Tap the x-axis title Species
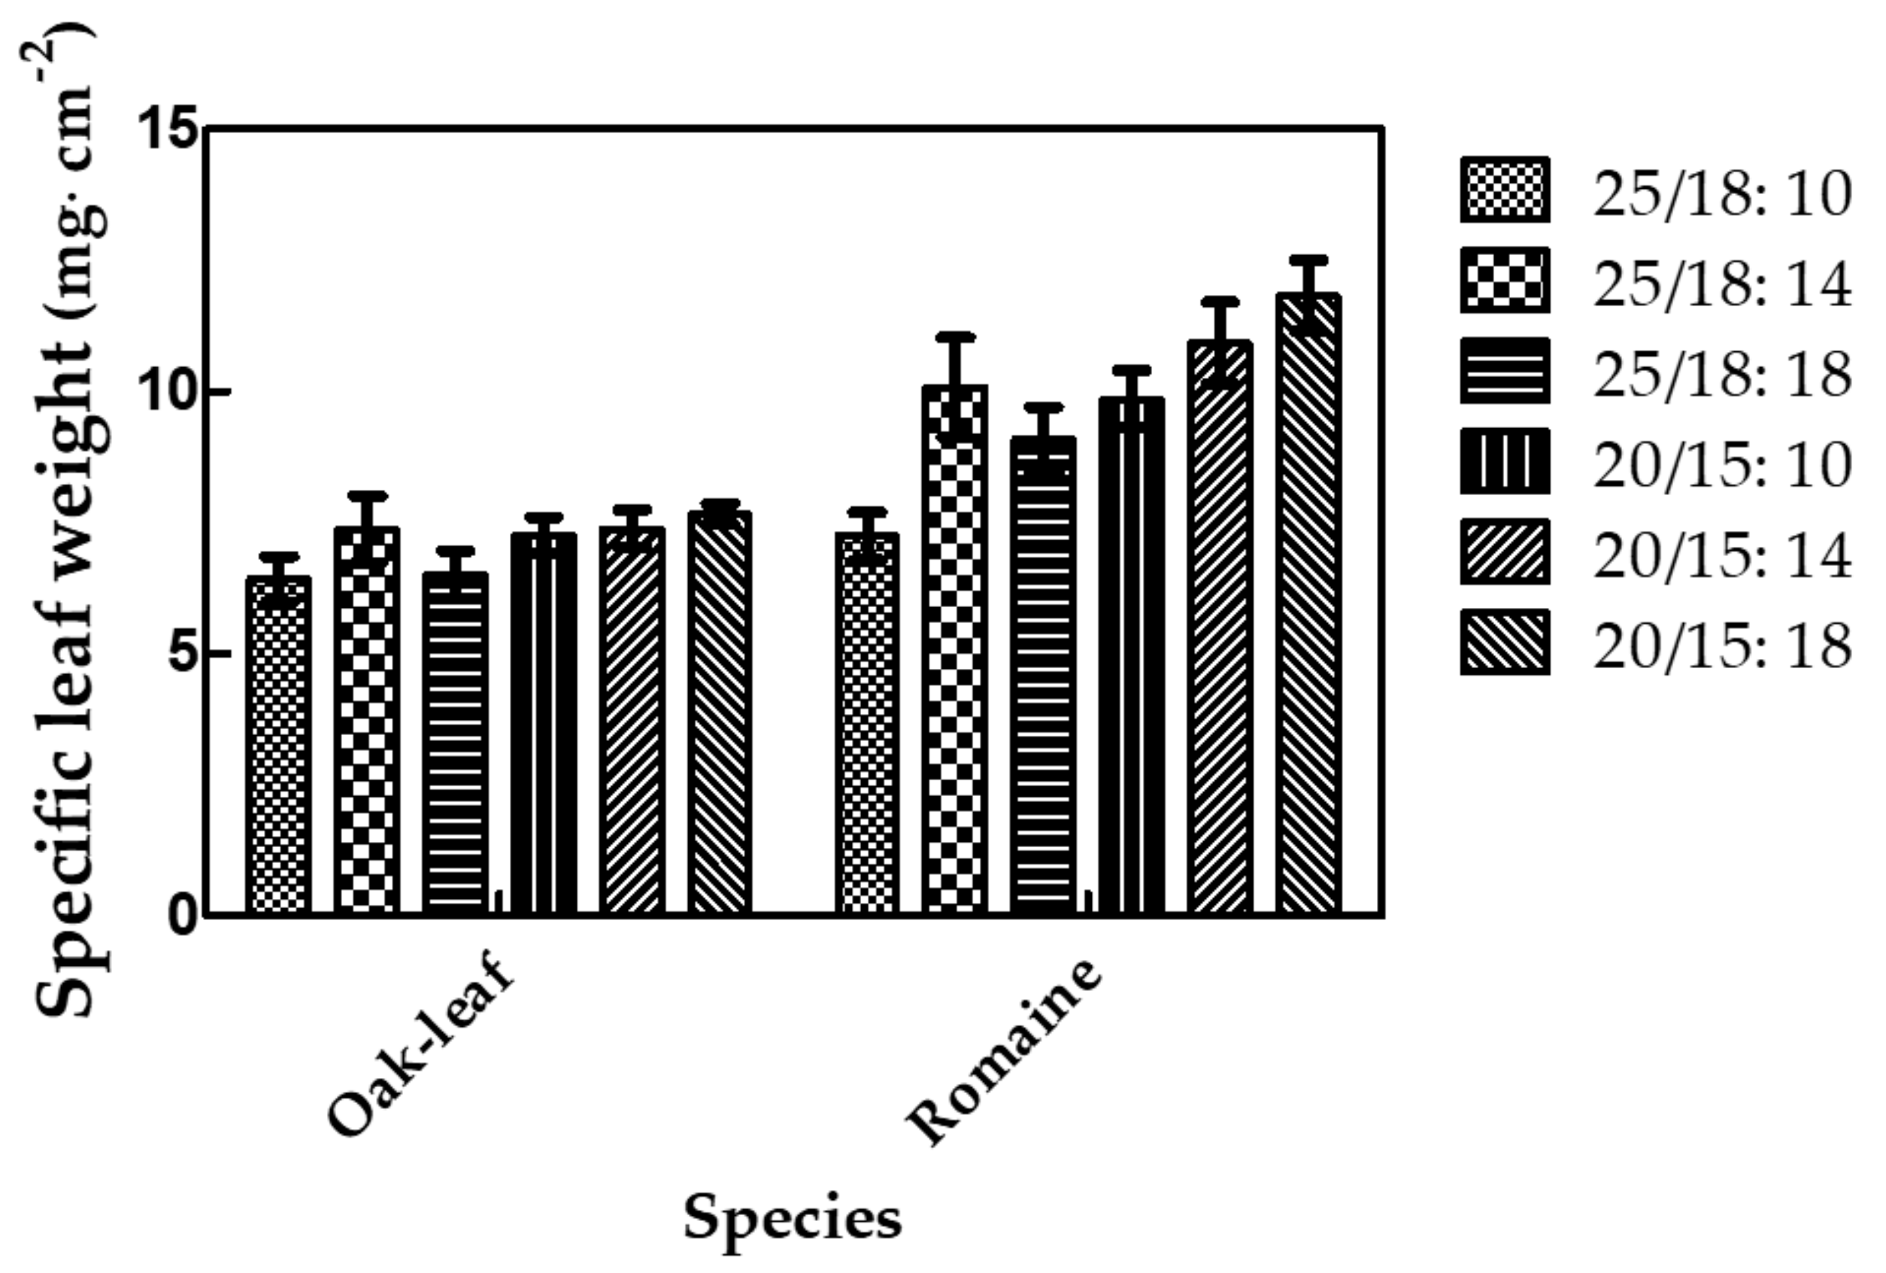pos(792,1218)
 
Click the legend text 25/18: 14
pos(1722,283)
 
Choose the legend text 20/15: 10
pos(1722,463)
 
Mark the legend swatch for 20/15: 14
pos(1504,553)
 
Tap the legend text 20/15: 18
pos(1722,646)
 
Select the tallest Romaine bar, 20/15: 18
pos(1308,617)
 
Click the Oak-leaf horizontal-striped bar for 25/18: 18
pos(454,747)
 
